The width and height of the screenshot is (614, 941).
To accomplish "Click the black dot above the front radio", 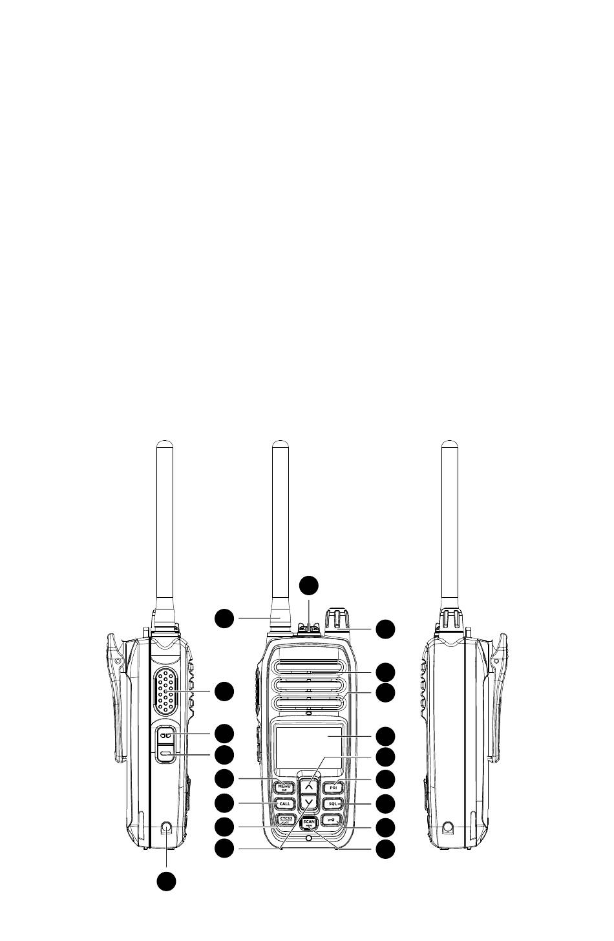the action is coord(309,584).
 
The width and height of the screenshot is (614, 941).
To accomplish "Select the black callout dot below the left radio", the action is coord(166,880).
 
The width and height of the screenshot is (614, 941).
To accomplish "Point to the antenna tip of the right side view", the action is coord(449,445).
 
